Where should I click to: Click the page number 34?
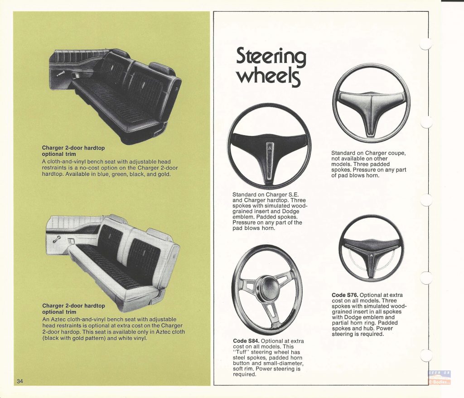(x=20, y=381)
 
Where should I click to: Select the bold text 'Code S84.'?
(x=246, y=341)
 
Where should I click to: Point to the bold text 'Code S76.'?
(x=345, y=295)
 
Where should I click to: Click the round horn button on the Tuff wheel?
(x=266, y=284)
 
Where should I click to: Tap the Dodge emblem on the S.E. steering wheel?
(x=270, y=148)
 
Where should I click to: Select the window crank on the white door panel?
(x=57, y=239)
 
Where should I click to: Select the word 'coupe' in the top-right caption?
(x=397, y=153)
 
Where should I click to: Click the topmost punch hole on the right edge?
(x=425, y=44)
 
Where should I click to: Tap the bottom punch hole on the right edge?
(x=426, y=355)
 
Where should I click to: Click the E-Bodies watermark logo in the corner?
(x=439, y=378)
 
